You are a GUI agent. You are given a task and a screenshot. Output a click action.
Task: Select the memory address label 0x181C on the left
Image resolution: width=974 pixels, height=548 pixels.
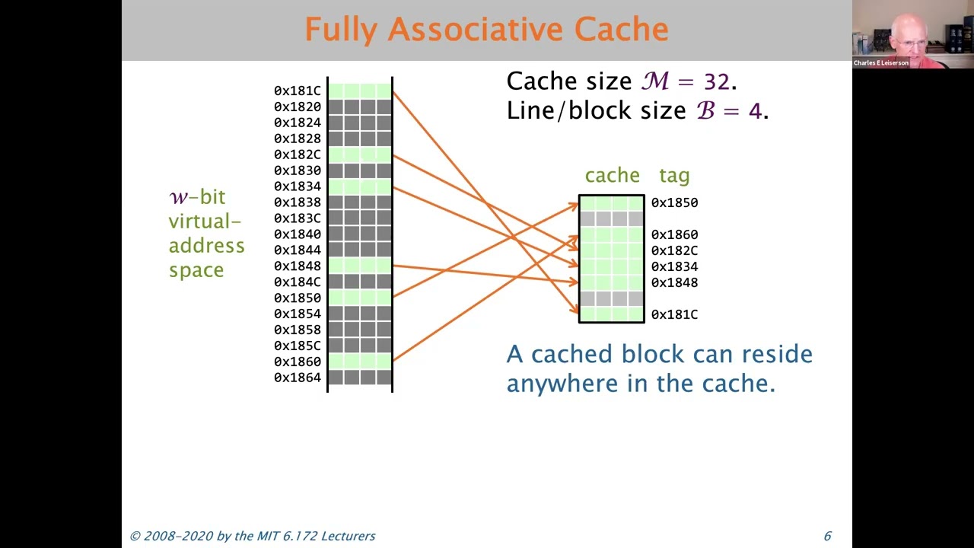(298, 91)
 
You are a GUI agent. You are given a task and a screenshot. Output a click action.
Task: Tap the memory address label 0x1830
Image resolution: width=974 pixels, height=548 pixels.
(298, 170)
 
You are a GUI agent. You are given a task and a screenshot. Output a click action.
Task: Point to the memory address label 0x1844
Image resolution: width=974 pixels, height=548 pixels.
(298, 250)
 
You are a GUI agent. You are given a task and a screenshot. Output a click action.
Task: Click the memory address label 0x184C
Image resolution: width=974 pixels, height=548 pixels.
(298, 282)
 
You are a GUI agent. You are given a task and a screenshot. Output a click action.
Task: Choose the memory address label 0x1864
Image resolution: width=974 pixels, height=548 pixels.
(298, 378)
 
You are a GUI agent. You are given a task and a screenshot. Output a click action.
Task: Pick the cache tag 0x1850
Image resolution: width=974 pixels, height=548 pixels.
(674, 202)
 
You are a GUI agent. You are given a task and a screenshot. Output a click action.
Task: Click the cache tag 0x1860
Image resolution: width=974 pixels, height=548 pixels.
(674, 234)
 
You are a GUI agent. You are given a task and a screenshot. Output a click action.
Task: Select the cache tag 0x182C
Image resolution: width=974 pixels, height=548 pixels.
(674, 250)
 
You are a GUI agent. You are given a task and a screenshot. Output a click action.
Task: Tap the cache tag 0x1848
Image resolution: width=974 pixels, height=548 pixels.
(674, 282)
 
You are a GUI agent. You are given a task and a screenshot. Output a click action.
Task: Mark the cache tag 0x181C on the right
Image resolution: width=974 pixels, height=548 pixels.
(674, 314)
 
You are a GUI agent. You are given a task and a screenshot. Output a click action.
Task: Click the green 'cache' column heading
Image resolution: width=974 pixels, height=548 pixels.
(612, 176)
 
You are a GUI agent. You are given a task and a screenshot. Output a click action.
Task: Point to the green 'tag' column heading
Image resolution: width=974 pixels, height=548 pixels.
(674, 176)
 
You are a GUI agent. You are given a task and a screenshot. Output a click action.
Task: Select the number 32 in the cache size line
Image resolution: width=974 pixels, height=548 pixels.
(717, 81)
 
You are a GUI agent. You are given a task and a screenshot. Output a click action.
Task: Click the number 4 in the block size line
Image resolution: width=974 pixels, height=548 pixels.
(754, 111)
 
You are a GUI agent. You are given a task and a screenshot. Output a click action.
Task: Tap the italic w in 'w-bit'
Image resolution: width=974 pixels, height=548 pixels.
(178, 197)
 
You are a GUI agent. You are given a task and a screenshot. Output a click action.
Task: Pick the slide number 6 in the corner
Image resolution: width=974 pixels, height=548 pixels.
(827, 536)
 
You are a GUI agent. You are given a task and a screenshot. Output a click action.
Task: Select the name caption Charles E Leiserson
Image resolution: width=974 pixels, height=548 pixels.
(880, 63)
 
